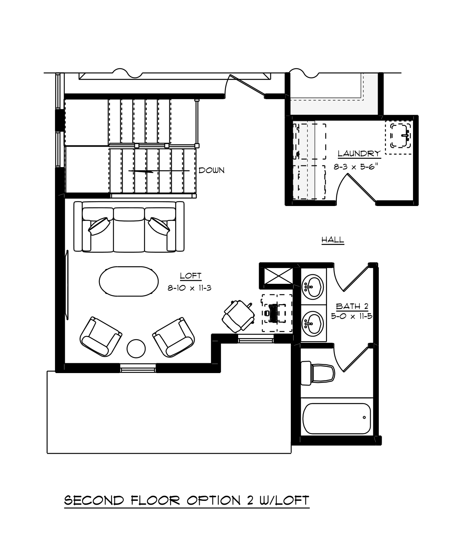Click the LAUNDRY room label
tap(359, 153)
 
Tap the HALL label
tap(332, 240)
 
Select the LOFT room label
tap(191, 276)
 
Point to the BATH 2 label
tap(352, 306)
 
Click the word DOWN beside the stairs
tap(211, 171)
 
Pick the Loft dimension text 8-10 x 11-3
tap(189, 288)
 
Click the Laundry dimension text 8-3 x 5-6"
tap(356, 167)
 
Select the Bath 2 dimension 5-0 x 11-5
tap(352, 316)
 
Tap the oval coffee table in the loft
tap(129, 281)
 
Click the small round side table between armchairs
tap(136, 349)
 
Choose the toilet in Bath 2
tap(318, 373)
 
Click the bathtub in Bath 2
tap(336, 419)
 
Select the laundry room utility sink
tap(400, 136)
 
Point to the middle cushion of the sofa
tap(129, 230)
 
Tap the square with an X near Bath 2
tap(279, 276)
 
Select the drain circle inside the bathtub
tap(364, 417)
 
